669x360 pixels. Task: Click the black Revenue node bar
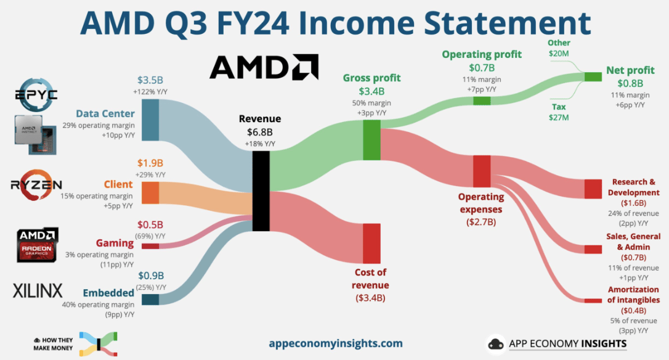pos(261,191)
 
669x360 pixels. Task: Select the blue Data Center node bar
pos(150,120)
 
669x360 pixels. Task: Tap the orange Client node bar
pos(150,192)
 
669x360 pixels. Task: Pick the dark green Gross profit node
pos(371,140)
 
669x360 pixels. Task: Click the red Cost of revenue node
pos(371,243)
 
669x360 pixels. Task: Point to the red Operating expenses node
pos(482,171)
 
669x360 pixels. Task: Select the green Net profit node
pos(593,77)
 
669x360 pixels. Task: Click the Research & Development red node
pos(593,189)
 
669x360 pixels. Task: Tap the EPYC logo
pos(36,94)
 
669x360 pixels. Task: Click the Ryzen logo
pos(36,185)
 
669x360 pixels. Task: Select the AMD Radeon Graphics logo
pos(37,245)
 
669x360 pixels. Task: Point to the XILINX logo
pos(38,291)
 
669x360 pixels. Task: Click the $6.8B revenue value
pos(259,132)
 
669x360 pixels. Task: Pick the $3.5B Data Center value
pos(150,80)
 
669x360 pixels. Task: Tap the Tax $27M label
pos(559,112)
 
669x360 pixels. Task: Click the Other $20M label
pos(559,48)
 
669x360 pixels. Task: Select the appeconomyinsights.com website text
pos(336,343)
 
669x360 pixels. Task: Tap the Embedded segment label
pos(108,293)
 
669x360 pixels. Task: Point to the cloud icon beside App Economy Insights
pos(496,344)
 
